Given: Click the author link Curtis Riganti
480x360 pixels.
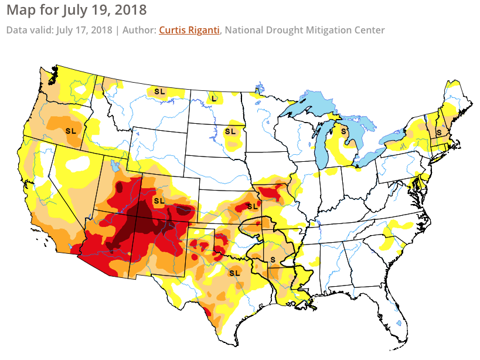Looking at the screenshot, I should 189,30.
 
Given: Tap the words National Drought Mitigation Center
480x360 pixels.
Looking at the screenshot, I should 305,30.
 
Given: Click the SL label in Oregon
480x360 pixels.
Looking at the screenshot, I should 72,130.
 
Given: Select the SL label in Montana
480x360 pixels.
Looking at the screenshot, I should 159,91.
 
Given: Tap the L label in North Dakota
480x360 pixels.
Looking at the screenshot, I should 214,98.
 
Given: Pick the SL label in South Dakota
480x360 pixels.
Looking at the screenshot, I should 230,131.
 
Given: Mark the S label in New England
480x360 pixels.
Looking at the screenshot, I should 439,133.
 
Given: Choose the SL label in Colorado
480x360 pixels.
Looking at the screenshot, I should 158,201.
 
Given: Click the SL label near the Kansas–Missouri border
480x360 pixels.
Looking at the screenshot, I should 253,206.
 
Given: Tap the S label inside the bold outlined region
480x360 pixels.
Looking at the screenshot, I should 273,259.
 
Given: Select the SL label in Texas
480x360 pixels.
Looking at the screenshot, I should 234,273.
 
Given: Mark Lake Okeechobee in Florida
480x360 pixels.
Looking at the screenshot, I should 399,323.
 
